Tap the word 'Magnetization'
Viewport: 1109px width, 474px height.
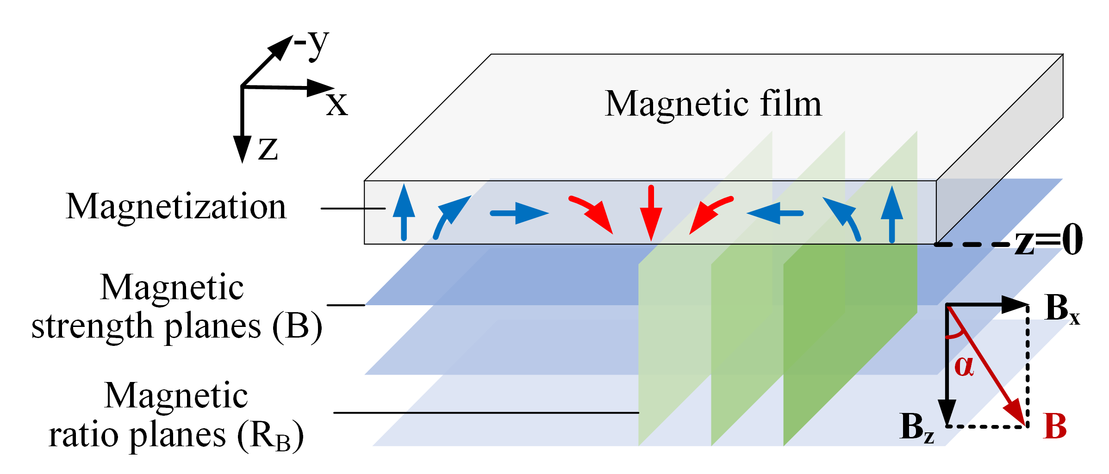click(176, 206)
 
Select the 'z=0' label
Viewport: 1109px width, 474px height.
click(1049, 240)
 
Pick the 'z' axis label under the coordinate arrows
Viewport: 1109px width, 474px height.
click(268, 149)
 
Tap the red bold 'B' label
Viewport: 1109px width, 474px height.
click(1055, 426)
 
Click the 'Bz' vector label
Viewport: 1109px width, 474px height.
click(917, 427)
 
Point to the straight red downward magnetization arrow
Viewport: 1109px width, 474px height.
click(651, 213)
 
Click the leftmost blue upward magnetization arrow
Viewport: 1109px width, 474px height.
click(404, 213)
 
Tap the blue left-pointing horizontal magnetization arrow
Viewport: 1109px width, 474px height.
click(775, 213)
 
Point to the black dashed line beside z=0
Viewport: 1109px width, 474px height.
click(972, 244)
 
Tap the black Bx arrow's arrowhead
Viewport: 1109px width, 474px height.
click(1015, 304)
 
